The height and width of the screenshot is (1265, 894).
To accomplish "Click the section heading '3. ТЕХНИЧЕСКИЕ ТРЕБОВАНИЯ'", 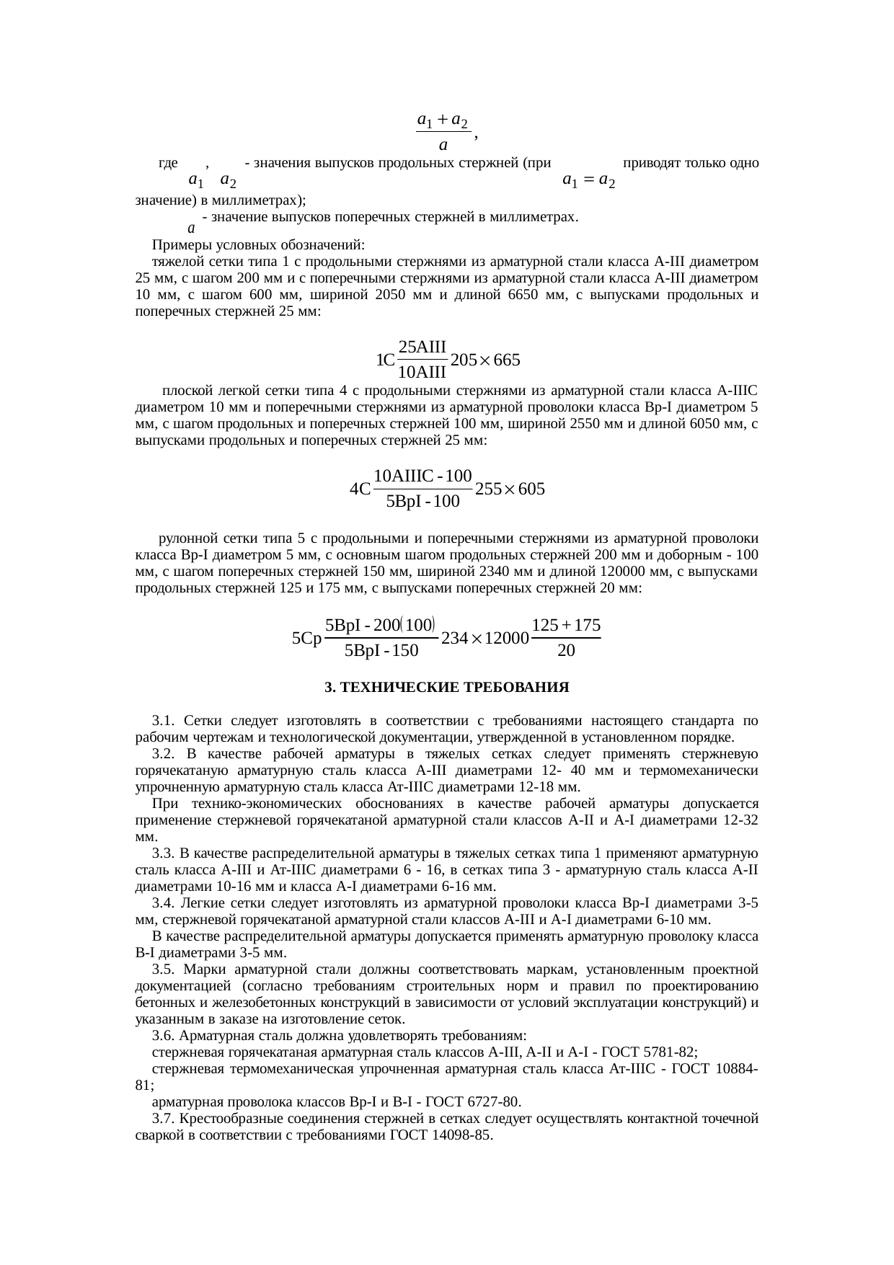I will click(x=446, y=688).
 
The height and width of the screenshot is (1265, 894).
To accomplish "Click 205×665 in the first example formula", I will click(x=484, y=359).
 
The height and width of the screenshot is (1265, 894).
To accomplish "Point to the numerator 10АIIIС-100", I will click(x=422, y=476).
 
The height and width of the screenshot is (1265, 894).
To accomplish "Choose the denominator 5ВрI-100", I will click(x=422, y=502).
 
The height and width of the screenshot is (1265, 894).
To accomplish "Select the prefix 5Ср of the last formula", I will click(x=306, y=639).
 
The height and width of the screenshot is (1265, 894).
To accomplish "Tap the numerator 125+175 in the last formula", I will click(x=566, y=623).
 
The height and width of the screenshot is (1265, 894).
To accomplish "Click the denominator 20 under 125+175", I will click(x=566, y=651).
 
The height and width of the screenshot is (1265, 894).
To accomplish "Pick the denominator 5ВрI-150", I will click(x=381, y=652).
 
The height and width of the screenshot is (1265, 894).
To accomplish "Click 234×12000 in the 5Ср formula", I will click(x=484, y=639).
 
